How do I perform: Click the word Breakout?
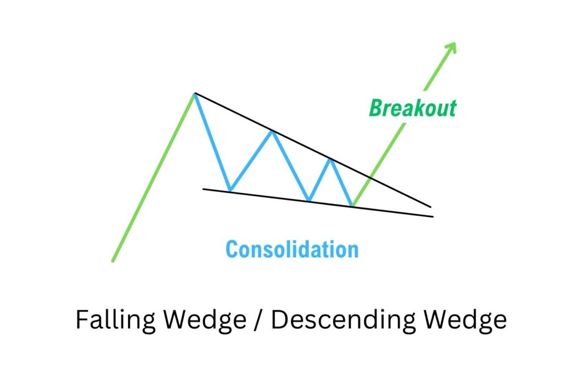[413, 108]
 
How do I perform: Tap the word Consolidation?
[292, 249]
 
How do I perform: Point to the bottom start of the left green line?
[113, 261]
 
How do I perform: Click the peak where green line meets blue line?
[194, 93]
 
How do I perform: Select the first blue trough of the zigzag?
[230, 190]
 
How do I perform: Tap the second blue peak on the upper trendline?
[272, 131]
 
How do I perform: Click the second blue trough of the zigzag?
[309, 200]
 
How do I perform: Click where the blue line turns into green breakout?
[353, 205]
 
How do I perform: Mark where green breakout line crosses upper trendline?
[371, 178]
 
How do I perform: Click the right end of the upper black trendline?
[430, 207]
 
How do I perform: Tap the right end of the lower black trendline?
[433, 216]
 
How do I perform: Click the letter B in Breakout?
[376, 108]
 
